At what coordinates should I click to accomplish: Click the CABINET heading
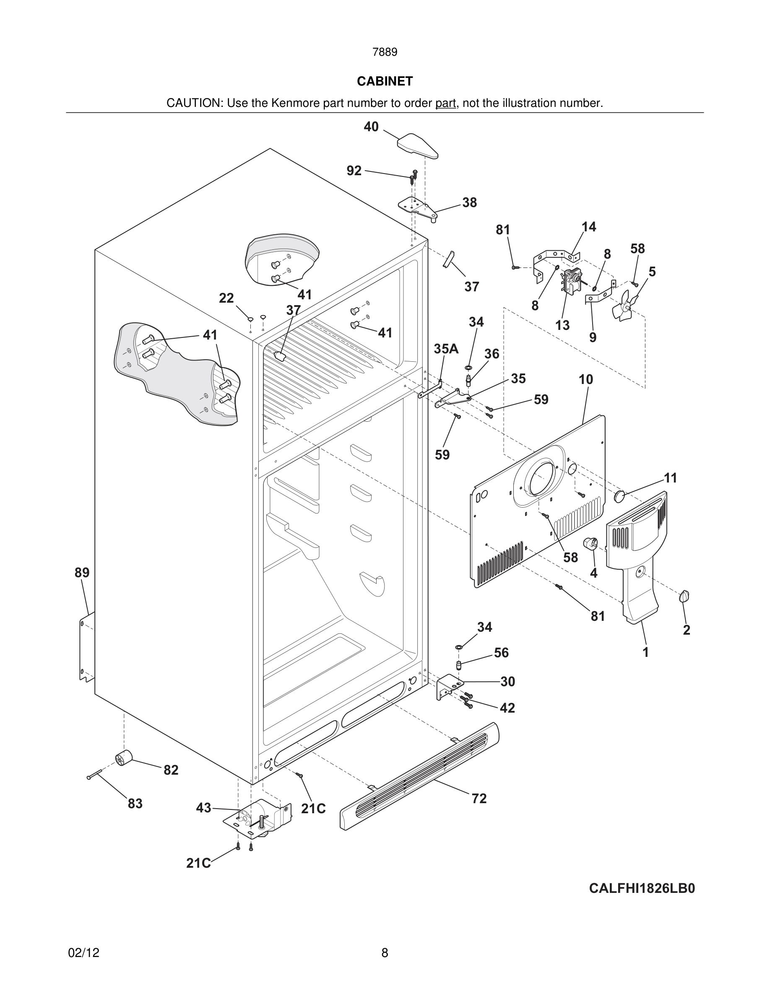tap(385, 81)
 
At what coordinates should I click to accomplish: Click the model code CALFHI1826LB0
tap(641, 888)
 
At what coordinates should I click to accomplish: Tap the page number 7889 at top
tap(385, 52)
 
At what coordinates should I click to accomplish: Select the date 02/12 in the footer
tap(83, 953)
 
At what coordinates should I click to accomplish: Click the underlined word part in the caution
tap(445, 103)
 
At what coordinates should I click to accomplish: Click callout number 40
tap(371, 127)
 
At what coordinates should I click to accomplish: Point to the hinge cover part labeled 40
tap(418, 145)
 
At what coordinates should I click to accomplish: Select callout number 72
tap(479, 798)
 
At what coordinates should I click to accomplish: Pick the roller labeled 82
tap(123, 757)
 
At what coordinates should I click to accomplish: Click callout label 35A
tap(446, 349)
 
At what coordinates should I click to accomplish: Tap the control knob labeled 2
tap(684, 596)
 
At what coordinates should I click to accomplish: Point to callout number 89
tap(82, 572)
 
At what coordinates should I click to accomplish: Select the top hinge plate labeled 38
tap(417, 207)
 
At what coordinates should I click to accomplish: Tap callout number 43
tap(203, 808)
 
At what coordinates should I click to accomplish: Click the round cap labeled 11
tap(619, 496)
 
